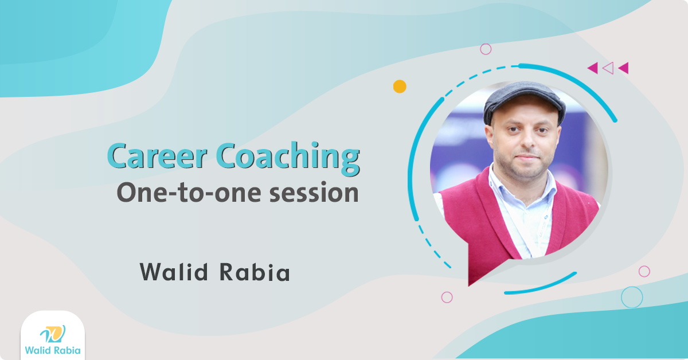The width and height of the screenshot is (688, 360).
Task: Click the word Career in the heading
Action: (x=157, y=155)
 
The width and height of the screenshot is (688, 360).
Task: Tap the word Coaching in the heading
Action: (x=288, y=158)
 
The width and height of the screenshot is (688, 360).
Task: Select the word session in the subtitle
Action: (x=314, y=193)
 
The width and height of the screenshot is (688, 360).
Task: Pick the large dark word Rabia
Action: (x=255, y=272)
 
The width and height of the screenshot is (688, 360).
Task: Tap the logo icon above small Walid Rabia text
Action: (x=53, y=334)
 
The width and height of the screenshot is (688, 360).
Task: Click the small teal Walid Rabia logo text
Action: (x=53, y=350)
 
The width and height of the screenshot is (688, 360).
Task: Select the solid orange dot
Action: (x=400, y=87)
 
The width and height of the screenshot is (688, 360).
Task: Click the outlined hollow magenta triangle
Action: (x=609, y=68)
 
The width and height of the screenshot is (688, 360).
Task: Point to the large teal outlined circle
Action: (x=632, y=298)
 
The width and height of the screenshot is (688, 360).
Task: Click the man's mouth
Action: (x=527, y=157)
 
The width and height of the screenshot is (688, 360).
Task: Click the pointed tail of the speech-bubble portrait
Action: (x=469, y=285)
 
